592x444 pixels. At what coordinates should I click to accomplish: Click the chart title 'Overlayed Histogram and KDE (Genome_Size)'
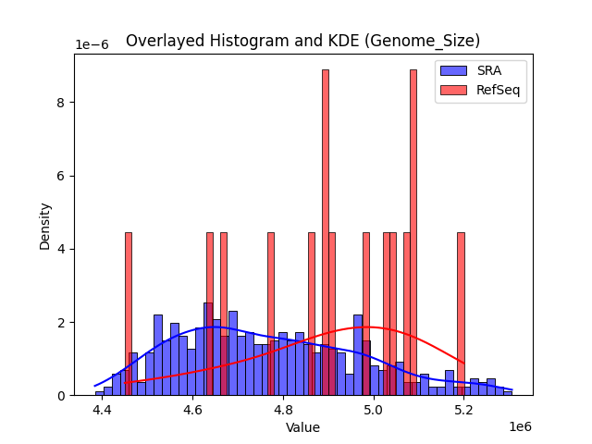pos(302,41)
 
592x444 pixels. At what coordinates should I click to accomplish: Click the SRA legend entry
pos(480,71)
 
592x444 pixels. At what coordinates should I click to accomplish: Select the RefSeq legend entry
pos(480,89)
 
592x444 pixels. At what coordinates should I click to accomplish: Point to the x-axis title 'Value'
pos(302,427)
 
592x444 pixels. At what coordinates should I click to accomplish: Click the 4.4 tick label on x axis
pos(102,409)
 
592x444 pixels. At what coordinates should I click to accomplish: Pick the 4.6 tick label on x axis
pos(192,409)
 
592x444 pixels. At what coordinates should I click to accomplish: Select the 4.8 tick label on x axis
pos(283,409)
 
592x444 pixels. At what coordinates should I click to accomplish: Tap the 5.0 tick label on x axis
pos(374,409)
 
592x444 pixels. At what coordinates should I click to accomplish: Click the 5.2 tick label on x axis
pos(464,409)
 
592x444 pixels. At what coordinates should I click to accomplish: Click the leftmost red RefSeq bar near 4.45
pos(128,314)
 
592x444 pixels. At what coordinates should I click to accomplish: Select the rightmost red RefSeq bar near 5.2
pos(461,314)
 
